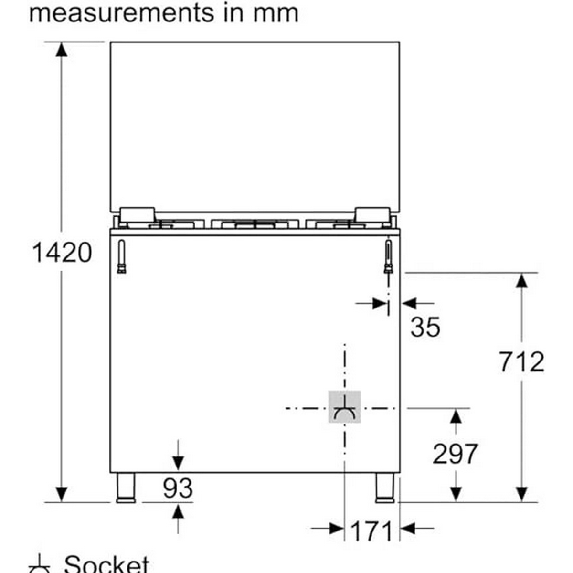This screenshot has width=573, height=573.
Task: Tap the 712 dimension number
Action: tap(521, 361)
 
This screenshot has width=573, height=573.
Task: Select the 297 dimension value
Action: tap(455, 454)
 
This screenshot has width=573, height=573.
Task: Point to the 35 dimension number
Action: tap(425, 327)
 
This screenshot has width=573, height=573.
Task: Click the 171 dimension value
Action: tap(371, 531)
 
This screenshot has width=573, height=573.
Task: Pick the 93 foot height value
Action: tap(178, 488)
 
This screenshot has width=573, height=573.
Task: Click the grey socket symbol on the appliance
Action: tap(344, 407)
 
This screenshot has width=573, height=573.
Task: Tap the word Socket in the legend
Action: tap(106, 564)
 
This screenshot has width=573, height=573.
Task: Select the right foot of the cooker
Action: tap(385, 488)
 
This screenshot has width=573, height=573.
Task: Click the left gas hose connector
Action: tap(121, 256)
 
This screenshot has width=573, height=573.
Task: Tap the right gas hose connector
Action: tap(388, 256)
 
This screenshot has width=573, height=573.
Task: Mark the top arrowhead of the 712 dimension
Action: tap(521, 281)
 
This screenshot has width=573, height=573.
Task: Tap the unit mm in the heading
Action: tap(276, 13)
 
